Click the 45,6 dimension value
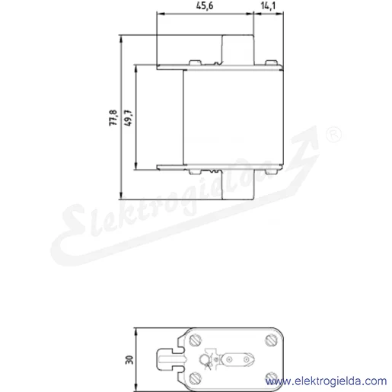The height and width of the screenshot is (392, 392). (205, 5)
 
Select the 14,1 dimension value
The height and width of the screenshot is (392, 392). (268, 5)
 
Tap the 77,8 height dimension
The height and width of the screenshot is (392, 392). (113, 117)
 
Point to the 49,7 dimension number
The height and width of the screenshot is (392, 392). (128, 118)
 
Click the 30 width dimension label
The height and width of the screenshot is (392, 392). (129, 360)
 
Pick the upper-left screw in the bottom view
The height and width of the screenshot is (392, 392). (195, 340)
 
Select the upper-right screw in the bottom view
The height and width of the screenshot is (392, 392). (271, 340)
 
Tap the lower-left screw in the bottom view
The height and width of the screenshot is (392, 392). (195, 378)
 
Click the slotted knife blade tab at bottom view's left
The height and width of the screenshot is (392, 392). (170, 359)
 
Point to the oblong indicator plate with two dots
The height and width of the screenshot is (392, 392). (238, 359)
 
